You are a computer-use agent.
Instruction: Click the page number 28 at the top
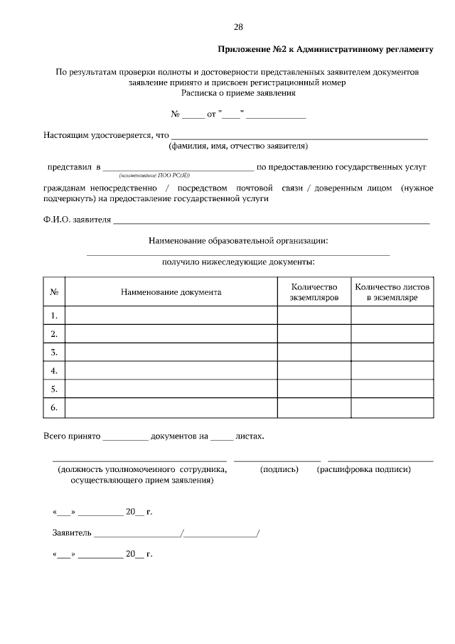(x=238, y=27)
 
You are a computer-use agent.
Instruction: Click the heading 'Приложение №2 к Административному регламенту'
(x=325, y=50)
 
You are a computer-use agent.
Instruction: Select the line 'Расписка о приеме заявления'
(x=238, y=92)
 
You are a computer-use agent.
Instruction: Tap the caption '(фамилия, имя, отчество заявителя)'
(x=238, y=146)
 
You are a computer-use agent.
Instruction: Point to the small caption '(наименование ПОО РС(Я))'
(x=154, y=175)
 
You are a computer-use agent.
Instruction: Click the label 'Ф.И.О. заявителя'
(x=77, y=220)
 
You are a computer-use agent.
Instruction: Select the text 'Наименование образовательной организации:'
(x=238, y=242)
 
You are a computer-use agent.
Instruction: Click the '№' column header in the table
(x=54, y=292)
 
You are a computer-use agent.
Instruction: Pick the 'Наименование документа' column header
(x=171, y=292)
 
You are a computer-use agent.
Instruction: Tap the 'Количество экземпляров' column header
(x=314, y=292)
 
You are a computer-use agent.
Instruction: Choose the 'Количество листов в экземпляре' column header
(x=392, y=292)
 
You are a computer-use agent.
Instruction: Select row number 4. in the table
(x=54, y=371)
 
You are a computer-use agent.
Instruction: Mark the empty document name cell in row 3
(x=171, y=353)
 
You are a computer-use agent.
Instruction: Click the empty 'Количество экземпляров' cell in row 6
(x=314, y=408)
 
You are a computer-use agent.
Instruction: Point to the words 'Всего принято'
(x=72, y=436)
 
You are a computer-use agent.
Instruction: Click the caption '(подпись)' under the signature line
(x=279, y=470)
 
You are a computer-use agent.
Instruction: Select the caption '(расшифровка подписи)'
(x=364, y=470)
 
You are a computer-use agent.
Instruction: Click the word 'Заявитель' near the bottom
(x=72, y=532)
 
